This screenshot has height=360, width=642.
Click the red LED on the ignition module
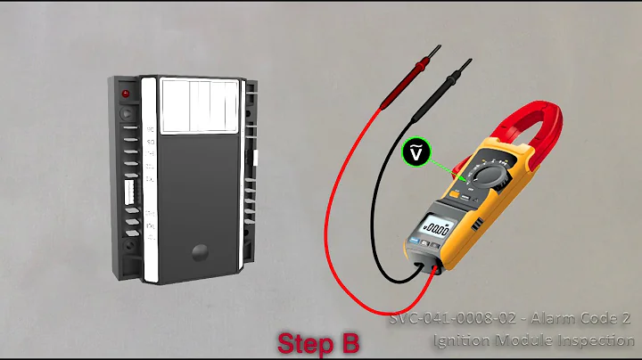click(128, 94)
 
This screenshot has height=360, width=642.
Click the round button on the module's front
click(198, 251)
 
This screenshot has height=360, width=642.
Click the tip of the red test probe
click(437, 50)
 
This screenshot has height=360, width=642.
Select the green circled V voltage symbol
click(416, 152)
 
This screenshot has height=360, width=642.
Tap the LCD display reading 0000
click(437, 229)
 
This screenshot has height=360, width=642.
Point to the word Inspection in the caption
click(592, 340)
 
